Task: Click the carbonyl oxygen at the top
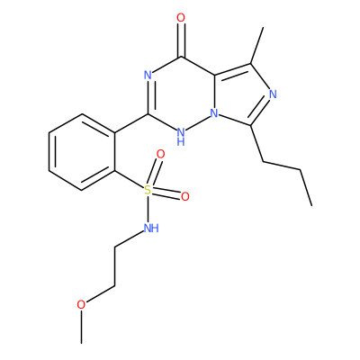tap(181, 18)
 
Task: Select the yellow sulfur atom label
tap(148, 190)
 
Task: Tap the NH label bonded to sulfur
tap(151, 228)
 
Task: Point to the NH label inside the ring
tap(181, 136)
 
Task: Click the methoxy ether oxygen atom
tap(81, 305)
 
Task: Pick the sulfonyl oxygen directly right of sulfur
tap(185, 196)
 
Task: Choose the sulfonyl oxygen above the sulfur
tap(161, 154)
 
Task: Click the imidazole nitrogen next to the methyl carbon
tap(273, 94)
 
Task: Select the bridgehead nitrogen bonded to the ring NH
tap(213, 113)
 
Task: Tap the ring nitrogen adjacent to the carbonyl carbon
tap(148, 75)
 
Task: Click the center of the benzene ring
tap(82, 152)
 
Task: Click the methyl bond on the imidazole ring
tap(257, 46)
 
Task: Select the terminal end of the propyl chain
tap(311, 205)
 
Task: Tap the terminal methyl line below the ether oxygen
tap(81, 327)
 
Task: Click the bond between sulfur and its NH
tap(148, 209)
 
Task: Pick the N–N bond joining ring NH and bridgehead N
tap(198, 123)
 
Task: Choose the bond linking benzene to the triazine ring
tap(131, 123)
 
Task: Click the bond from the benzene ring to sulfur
tap(130, 180)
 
